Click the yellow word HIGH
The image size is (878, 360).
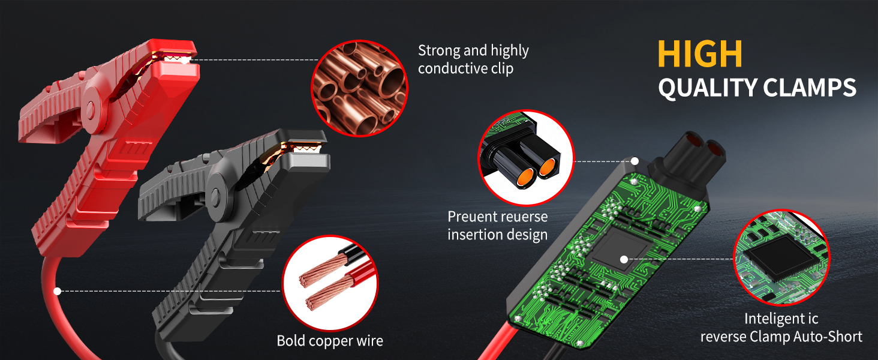point(700,54)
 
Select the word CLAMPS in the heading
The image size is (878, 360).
point(810,88)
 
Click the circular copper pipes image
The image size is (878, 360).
point(359,88)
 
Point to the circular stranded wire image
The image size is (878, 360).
point(330,283)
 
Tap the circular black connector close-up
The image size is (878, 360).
point(526,158)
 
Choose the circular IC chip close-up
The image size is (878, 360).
point(781,257)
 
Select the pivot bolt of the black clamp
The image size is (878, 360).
point(215,195)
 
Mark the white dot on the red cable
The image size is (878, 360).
point(57,292)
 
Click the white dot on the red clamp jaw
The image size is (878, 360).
point(185,60)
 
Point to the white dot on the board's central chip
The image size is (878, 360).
point(624,259)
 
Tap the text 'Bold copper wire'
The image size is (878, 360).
point(330,341)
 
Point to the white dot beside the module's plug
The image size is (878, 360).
point(635,161)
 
